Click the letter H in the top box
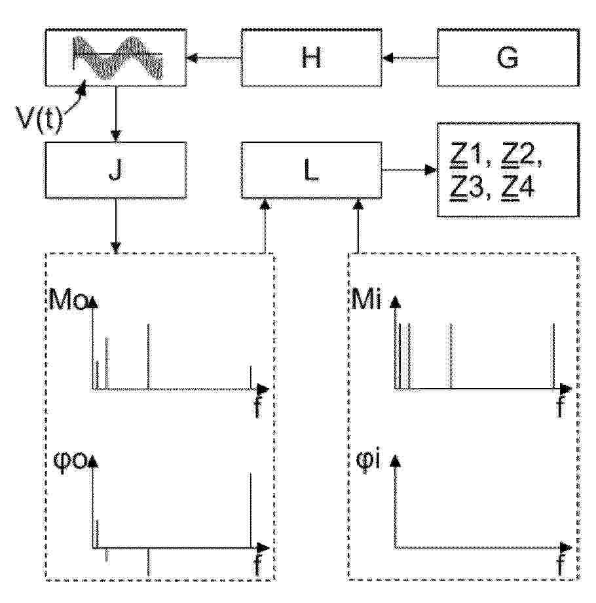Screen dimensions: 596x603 coord(311,58)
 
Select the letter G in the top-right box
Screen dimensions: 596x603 coord(507,58)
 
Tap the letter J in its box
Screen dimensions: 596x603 coord(115,170)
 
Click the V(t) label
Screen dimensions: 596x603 coord(39,119)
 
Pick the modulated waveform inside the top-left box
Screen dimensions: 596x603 coord(118,58)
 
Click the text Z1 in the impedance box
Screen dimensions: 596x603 coord(466,155)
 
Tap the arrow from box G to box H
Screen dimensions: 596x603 coord(409,58)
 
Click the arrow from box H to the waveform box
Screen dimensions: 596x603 coord(214,58)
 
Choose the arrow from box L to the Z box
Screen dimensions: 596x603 coord(409,170)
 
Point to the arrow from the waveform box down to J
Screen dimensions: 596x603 coord(116,114)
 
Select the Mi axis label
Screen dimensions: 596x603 coord(367,299)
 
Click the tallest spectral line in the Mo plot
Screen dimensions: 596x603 coord(148,357)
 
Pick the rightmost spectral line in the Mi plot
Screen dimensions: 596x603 coord(553,356)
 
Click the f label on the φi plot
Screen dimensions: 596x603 coord(561,564)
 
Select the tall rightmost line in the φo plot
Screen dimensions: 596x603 coord(251,511)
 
